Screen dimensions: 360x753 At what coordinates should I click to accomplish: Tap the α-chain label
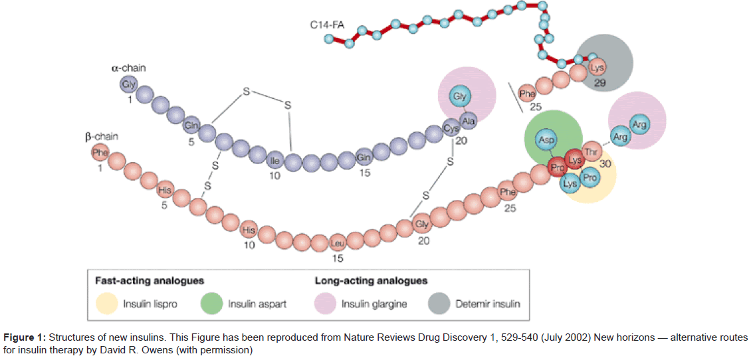click(x=128, y=68)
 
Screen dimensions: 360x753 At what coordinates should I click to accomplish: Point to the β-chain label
click(x=101, y=137)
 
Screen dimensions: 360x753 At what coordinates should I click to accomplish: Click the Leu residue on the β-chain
click(x=338, y=244)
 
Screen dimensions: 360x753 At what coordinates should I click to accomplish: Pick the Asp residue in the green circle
click(x=547, y=140)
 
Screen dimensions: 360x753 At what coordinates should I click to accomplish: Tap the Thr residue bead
click(x=591, y=151)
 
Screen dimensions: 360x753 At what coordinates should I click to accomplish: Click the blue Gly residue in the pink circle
click(x=459, y=96)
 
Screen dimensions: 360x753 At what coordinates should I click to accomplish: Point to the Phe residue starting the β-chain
click(x=100, y=152)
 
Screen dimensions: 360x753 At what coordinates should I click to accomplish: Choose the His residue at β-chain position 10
click(x=249, y=230)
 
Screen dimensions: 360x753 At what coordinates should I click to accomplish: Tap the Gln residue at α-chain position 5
click(x=192, y=124)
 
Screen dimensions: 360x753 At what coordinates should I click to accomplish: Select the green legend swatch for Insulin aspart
click(x=211, y=304)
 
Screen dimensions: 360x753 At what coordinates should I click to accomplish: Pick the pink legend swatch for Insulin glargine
click(x=325, y=304)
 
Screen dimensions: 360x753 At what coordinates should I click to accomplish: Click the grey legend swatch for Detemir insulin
click(x=439, y=304)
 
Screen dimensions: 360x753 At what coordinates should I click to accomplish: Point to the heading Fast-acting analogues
click(x=149, y=281)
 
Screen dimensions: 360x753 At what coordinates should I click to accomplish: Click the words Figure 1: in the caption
click(x=23, y=337)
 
